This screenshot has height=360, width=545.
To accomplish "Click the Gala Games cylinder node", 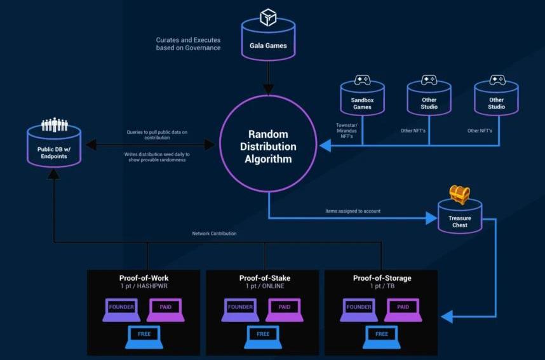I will click(268, 41).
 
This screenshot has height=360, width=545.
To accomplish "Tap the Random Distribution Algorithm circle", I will click(268, 146).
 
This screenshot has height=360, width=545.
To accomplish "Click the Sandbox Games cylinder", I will click(362, 102).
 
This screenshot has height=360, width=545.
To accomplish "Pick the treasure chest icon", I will click(459, 194).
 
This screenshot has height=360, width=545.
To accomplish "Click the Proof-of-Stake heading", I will click(265, 277).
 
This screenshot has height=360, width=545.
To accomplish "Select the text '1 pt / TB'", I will click(382, 286).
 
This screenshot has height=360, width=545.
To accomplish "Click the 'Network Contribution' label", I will click(214, 234).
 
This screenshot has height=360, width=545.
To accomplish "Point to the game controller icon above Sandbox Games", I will click(362, 81).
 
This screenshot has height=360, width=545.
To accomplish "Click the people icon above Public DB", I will click(54, 124).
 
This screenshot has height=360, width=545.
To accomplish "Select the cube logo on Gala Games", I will click(268, 18).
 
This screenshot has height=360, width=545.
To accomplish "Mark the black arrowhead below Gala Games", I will click(268, 89).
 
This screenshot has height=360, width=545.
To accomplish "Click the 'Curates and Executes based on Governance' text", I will click(188, 44).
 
